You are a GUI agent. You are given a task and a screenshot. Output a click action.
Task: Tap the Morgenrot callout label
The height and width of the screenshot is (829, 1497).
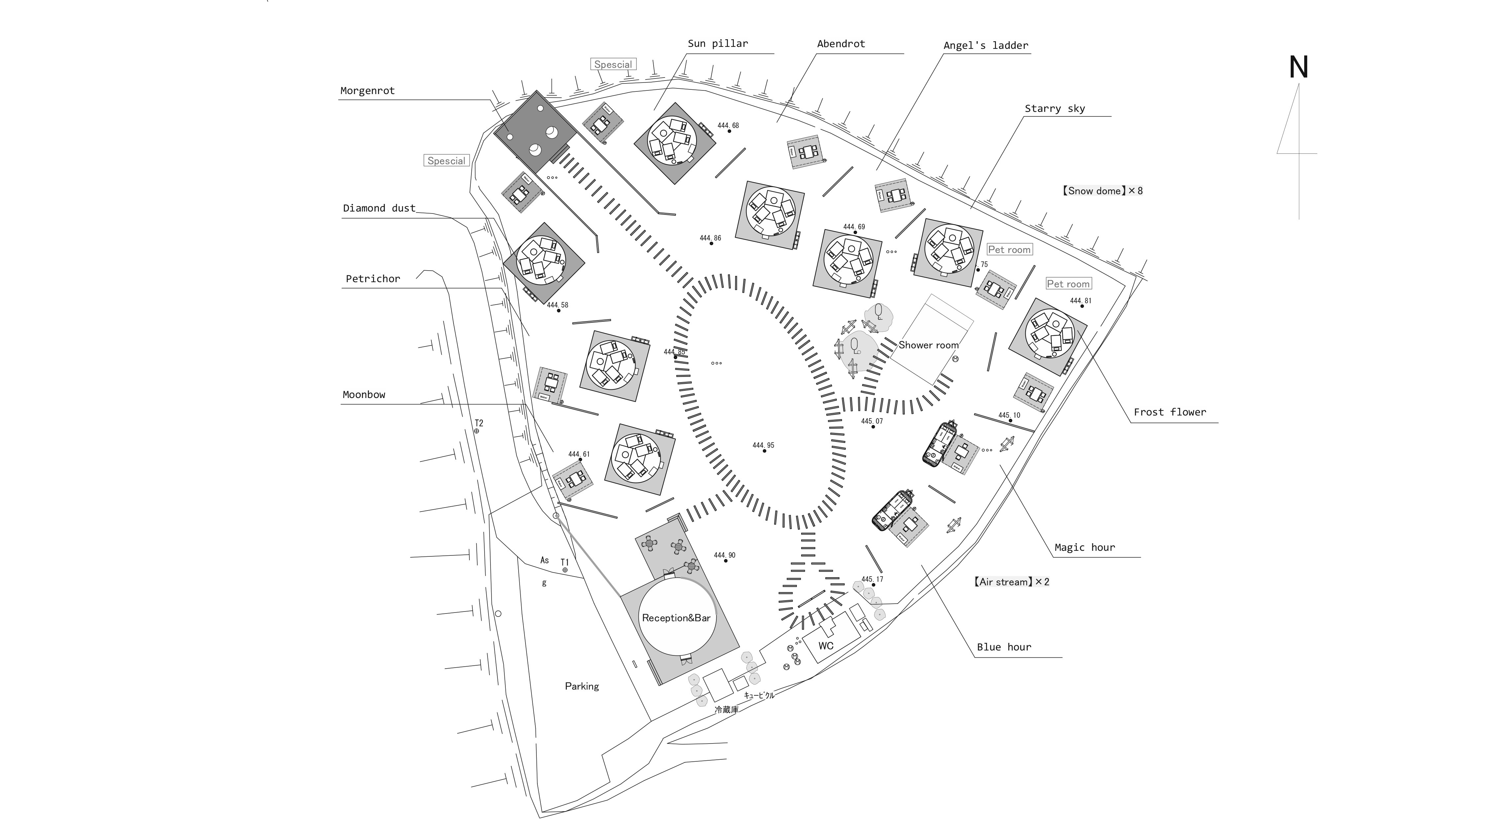click(367, 91)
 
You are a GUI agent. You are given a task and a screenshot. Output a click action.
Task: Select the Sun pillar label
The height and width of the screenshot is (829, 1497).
click(718, 44)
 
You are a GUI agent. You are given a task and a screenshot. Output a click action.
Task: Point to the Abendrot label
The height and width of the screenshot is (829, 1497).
click(841, 44)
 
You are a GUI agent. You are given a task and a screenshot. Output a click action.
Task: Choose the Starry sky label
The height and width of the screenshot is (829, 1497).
click(1055, 109)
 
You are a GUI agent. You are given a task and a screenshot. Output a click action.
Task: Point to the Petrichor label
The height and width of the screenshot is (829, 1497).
click(373, 279)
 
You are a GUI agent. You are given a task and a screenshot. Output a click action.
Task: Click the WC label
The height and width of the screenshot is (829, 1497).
click(826, 646)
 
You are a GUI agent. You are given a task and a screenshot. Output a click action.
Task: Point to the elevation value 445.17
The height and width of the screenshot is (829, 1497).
click(872, 579)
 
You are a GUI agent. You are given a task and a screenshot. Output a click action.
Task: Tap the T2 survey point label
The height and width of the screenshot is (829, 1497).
click(479, 423)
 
